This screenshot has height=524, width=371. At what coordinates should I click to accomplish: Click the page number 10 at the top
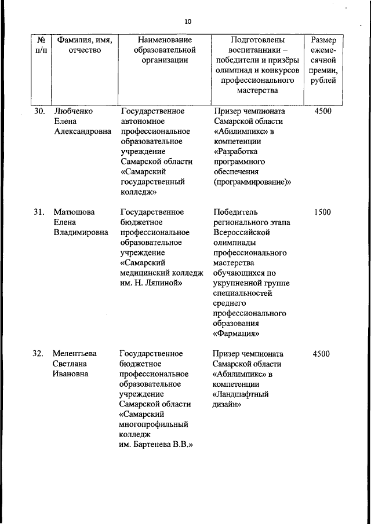click(x=187, y=21)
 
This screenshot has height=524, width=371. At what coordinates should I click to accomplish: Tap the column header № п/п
click(x=41, y=45)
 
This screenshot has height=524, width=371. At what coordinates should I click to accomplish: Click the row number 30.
click(x=39, y=111)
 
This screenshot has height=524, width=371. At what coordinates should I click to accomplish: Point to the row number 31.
click(x=39, y=212)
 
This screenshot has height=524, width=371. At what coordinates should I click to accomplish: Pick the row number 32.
click(x=39, y=353)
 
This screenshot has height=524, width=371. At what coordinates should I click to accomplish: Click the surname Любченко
click(x=73, y=111)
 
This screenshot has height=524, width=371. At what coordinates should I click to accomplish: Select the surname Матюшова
click(x=74, y=212)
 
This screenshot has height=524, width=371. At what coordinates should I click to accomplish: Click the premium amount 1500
click(x=322, y=212)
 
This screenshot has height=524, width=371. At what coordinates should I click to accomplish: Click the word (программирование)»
click(x=252, y=182)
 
